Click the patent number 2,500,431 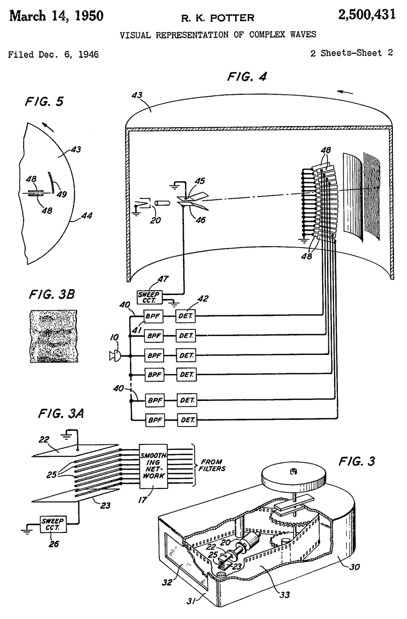367,15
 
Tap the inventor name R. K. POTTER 217,18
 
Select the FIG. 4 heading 247,76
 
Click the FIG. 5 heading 44,102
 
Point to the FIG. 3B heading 52,294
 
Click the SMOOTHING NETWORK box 154,466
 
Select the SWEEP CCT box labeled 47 149,297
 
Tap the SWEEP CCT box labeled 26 53,524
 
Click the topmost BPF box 154,316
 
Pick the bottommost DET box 187,420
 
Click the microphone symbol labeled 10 115,356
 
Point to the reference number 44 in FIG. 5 86,215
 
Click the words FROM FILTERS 212,465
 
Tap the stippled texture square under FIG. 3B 54,336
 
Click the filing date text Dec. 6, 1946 69,55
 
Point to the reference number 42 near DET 203,299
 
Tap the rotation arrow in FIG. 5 49,127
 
